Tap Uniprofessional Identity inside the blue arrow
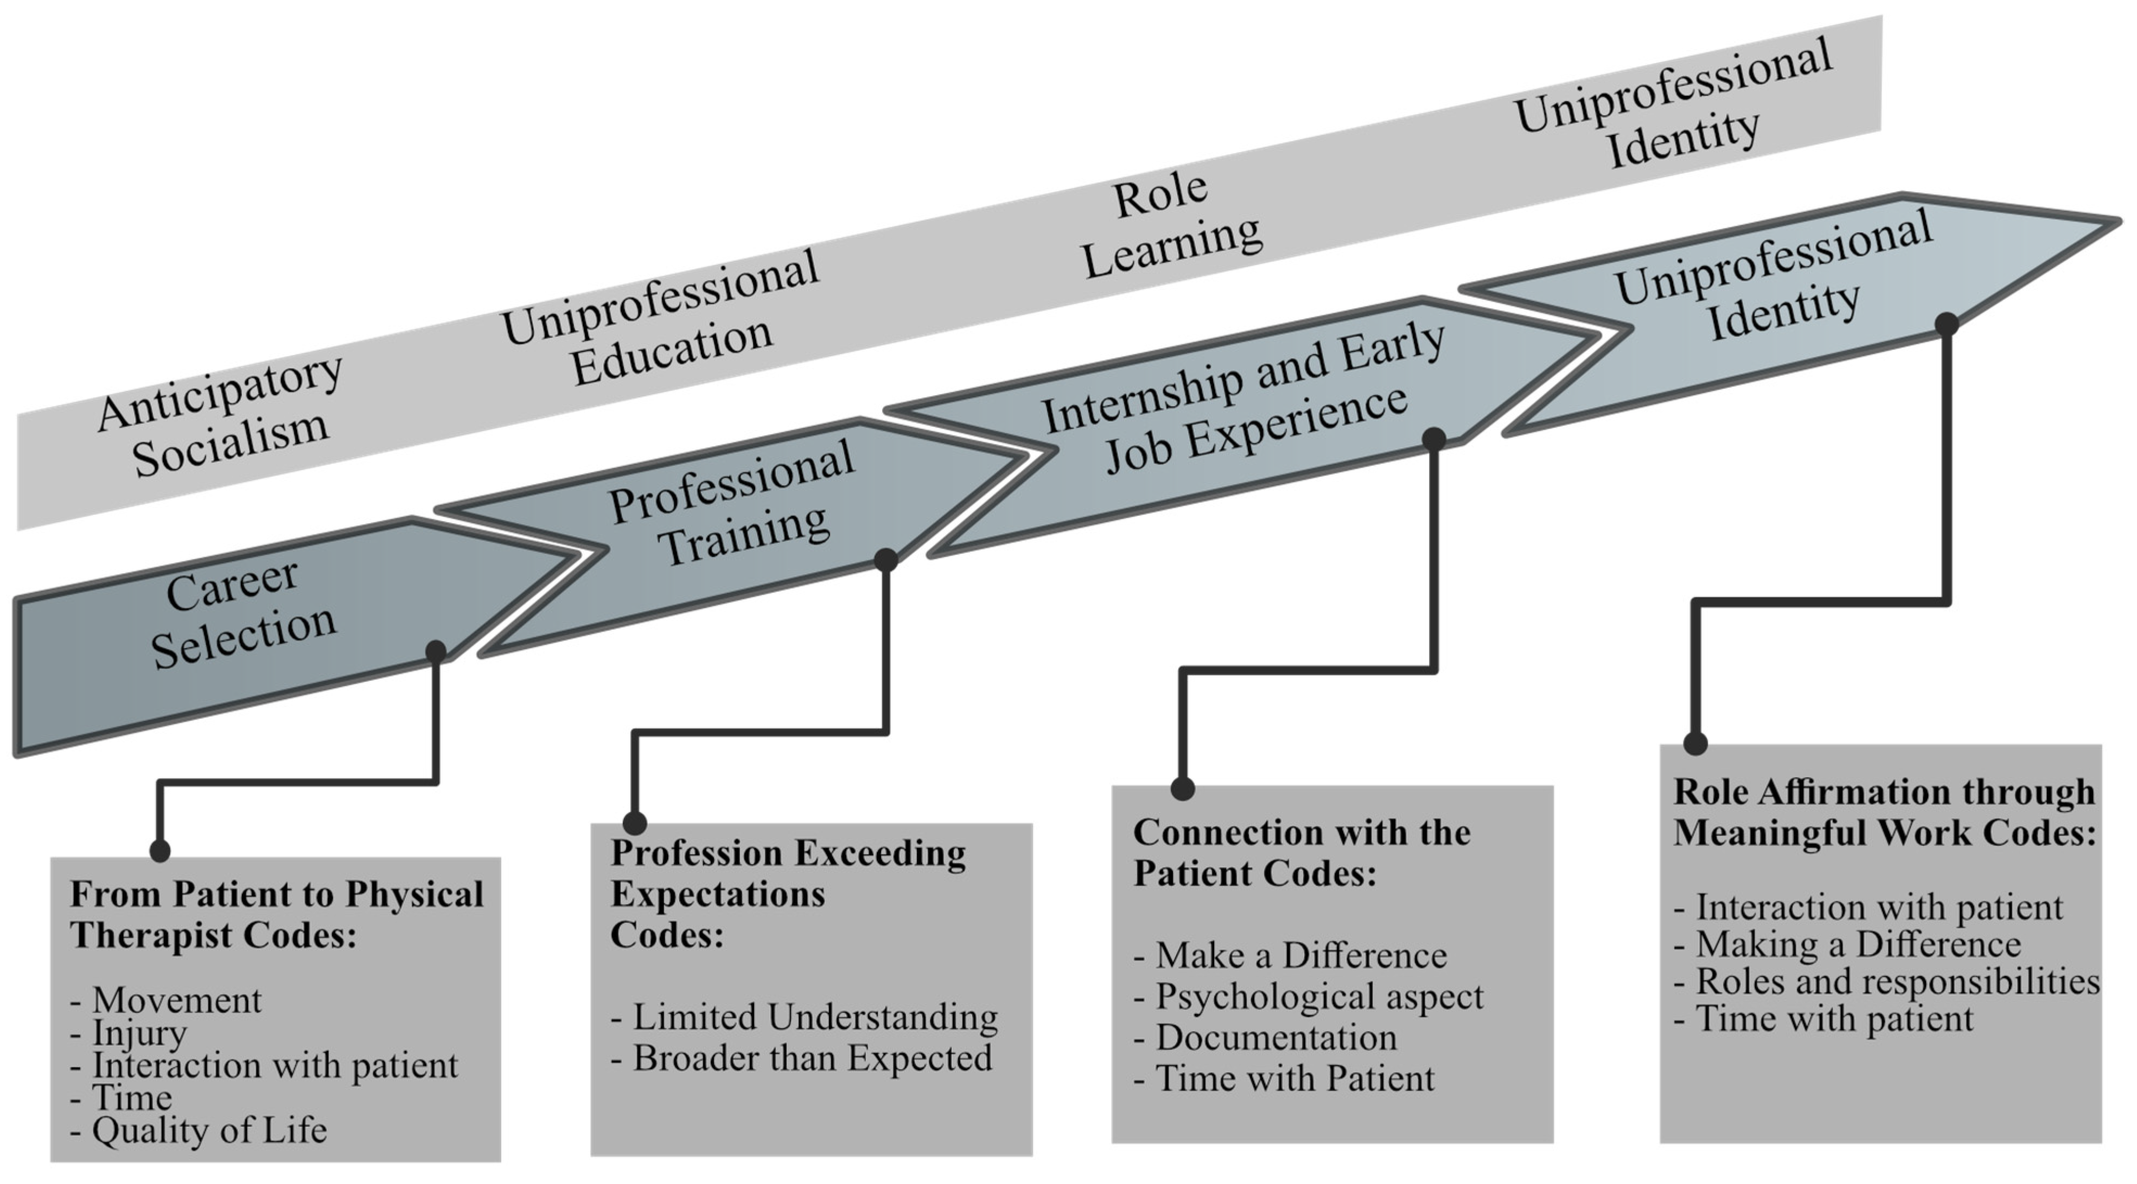pos(1775,278)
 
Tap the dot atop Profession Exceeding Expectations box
pos(635,823)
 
